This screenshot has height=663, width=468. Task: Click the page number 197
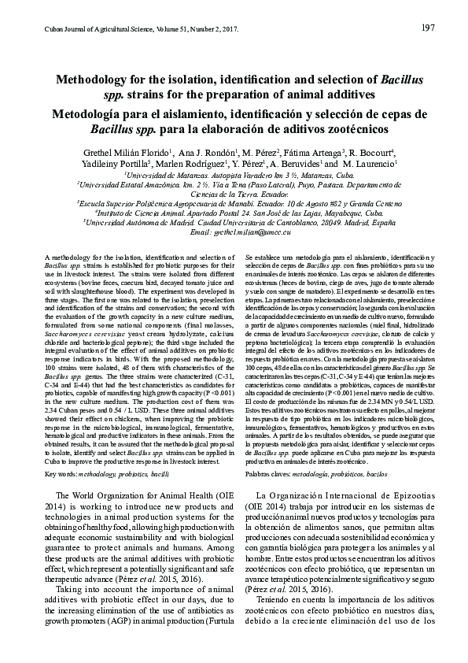coord(429,28)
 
